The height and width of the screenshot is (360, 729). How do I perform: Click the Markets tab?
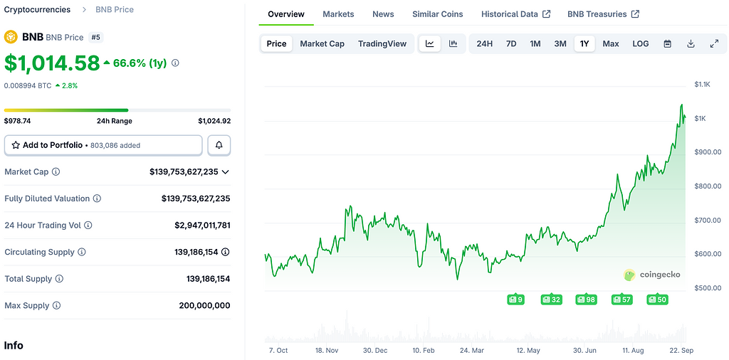338,14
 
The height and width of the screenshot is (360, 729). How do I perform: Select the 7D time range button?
511,43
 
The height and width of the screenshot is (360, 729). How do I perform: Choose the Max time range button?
610,43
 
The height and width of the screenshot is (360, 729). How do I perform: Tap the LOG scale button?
641,43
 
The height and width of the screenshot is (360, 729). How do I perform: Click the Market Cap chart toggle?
322,43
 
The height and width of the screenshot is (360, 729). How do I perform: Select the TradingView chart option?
382,43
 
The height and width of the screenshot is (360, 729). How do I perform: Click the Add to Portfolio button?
103,145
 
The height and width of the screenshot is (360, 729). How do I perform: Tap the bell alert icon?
219,145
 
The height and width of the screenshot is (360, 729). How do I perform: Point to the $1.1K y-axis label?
703,85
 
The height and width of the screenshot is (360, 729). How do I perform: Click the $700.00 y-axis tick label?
708,220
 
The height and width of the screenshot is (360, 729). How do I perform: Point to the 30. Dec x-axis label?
374,351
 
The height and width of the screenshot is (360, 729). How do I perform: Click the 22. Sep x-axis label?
682,351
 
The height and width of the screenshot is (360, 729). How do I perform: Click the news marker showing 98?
586,300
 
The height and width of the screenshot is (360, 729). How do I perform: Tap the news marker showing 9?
515,300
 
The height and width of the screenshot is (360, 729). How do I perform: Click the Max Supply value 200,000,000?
204,306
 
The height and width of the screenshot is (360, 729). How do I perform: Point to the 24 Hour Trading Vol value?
202,226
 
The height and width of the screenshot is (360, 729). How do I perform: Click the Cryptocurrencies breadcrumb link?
37,10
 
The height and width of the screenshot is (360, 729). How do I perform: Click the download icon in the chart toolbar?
691,43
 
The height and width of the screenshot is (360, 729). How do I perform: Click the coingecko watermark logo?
652,275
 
